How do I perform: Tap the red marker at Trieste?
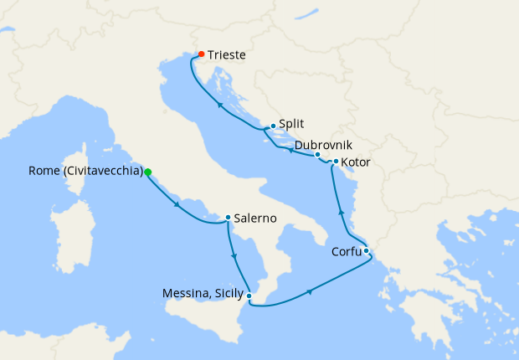coord(201,54)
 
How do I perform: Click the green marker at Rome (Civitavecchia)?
coord(148,172)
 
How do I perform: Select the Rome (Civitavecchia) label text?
coord(85,172)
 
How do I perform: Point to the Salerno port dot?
coord(228,219)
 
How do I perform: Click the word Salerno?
coord(256,219)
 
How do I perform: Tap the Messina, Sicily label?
coord(203,294)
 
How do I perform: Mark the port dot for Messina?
coord(250,294)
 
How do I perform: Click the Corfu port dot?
coord(367,249)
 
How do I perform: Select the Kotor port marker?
coord(336,162)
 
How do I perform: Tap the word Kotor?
coord(356,162)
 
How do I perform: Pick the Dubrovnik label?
coord(323,144)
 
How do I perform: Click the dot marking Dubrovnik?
coord(318,154)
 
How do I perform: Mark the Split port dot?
coord(273,126)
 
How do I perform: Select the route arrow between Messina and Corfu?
coord(311,292)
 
